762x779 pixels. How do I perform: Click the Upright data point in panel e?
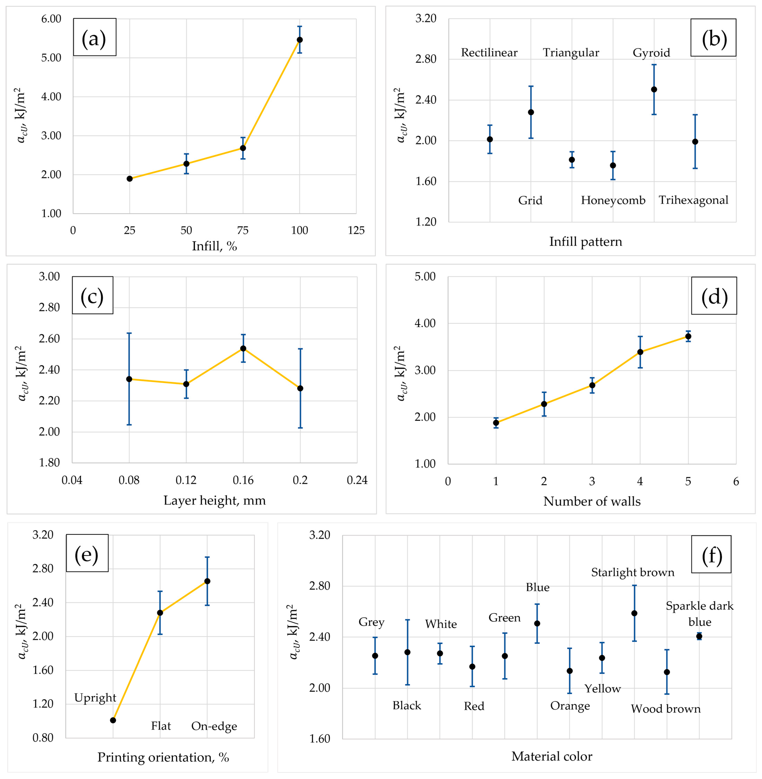click(x=113, y=720)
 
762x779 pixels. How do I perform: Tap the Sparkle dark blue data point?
click(x=699, y=636)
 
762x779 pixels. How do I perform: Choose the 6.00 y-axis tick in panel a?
click(x=51, y=19)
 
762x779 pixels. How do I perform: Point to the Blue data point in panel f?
click(x=537, y=623)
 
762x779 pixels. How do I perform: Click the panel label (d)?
click(x=714, y=297)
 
